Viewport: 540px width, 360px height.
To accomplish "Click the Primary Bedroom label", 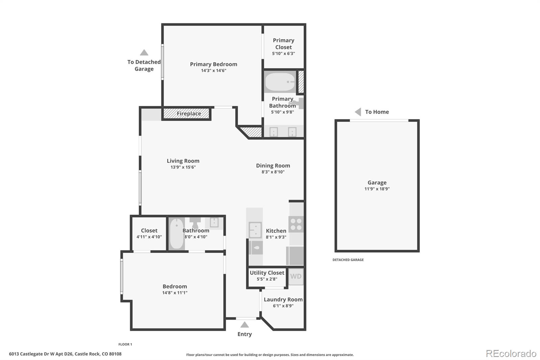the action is point(213,64).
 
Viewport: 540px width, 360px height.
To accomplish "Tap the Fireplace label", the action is point(189,113).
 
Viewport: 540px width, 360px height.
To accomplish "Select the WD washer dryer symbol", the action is point(296,277).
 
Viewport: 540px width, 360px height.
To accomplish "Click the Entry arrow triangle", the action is point(244,325).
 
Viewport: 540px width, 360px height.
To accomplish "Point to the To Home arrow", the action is point(358,112).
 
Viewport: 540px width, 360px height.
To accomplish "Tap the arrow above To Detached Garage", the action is point(144,52).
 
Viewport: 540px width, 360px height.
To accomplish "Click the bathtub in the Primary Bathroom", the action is point(280,82).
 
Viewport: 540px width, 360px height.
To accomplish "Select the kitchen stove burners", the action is point(296,224).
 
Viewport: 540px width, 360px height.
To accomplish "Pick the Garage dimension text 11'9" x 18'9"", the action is point(377,189).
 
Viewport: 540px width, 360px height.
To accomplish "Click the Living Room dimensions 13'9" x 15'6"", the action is point(183,167).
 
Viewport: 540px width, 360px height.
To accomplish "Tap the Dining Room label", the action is point(273,165).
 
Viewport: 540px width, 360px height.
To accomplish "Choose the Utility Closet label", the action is point(267,273).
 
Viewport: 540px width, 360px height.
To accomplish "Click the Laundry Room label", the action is point(283,300).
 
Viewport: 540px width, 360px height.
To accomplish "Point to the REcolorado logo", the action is point(511,354).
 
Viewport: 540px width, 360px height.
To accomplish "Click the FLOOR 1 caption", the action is point(125,344).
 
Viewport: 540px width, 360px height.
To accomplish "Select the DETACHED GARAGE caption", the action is point(348,260).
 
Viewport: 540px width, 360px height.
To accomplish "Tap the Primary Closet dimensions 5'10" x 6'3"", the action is point(283,53).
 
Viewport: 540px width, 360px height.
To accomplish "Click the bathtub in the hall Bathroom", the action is point(177,234).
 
